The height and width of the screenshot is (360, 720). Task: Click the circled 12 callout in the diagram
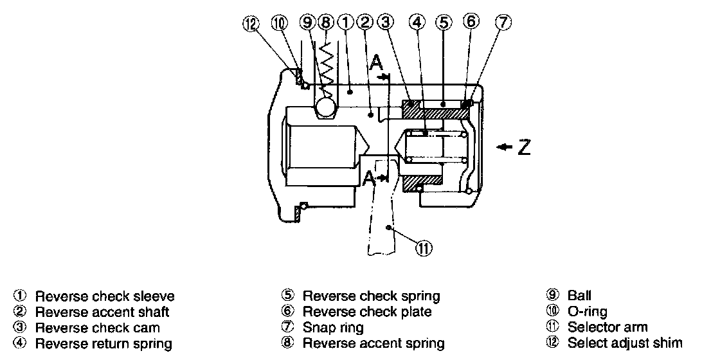pos(249,24)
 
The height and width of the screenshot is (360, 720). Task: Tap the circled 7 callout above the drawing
pos(503,22)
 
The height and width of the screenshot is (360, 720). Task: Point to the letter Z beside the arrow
pos(525,148)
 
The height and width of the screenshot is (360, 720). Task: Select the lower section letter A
pos(370,179)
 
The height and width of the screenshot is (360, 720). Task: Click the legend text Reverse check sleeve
pos(105,296)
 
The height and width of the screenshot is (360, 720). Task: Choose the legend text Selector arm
pos(607,328)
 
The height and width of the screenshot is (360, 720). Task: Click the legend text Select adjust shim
pos(625,343)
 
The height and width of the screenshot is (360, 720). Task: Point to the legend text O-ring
pos(586,312)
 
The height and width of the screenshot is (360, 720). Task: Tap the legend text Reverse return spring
pos(104,344)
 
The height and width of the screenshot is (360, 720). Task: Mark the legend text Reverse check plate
pos(367,312)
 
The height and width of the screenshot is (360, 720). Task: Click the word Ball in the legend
pos(579,296)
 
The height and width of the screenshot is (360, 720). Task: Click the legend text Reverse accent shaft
pos(102,312)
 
